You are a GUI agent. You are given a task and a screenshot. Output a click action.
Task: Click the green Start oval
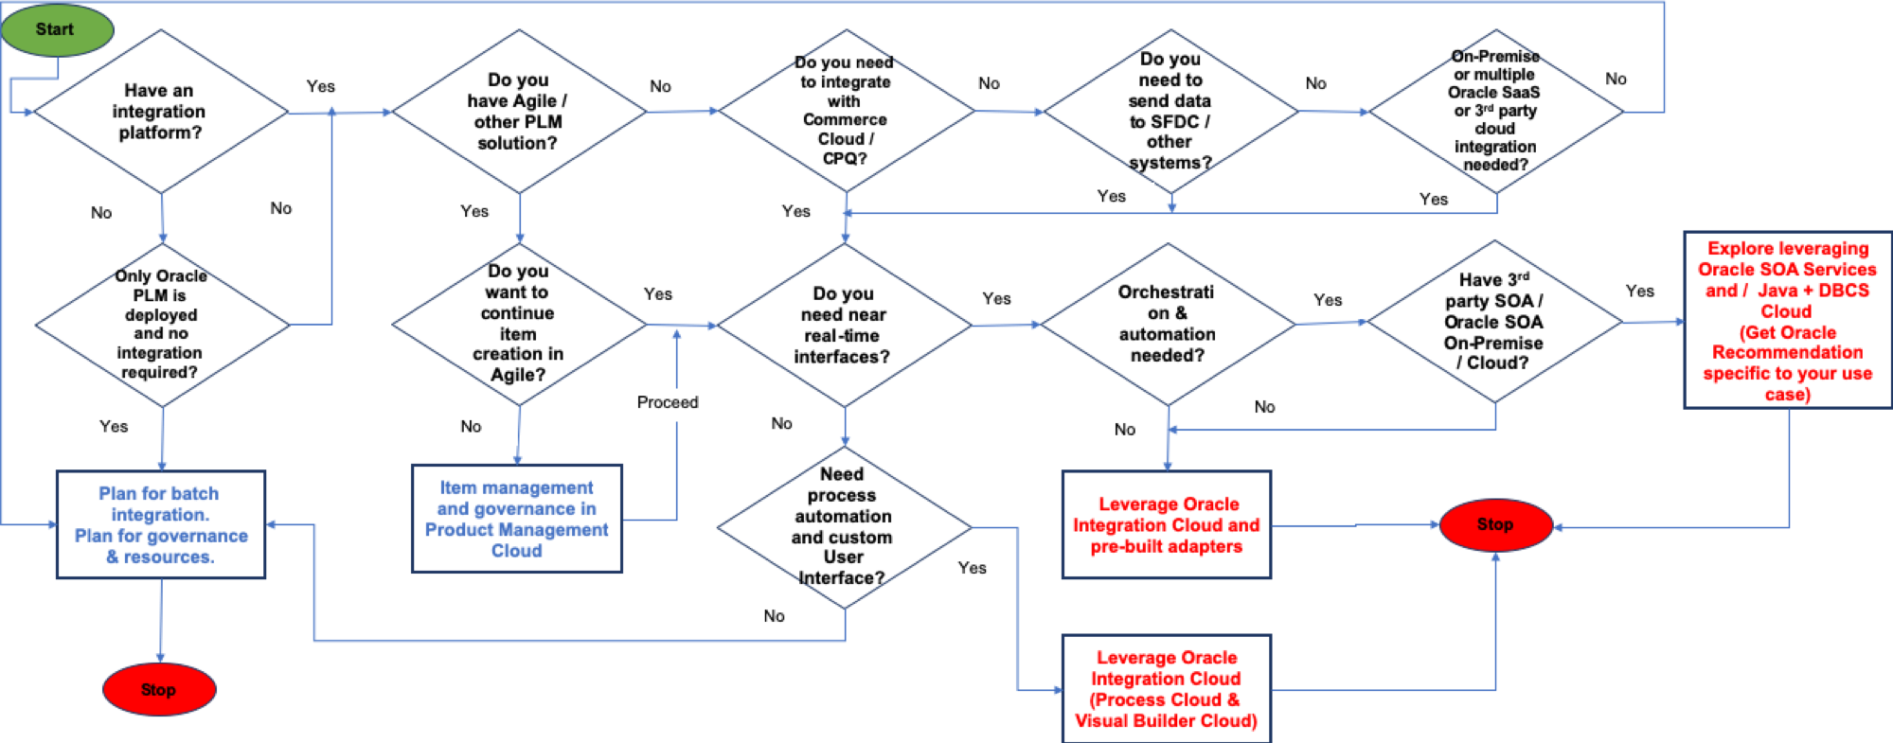(x=57, y=29)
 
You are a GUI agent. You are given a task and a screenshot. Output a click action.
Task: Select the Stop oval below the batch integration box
(x=159, y=689)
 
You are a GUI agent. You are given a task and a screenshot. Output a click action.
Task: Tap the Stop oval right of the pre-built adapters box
(x=1495, y=524)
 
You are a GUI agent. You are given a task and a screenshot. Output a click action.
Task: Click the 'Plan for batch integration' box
(x=161, y=524)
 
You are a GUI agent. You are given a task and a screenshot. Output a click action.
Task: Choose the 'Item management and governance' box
(x=517, y=519)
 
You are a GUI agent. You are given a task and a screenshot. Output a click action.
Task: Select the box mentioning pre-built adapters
(x=1167, y=524)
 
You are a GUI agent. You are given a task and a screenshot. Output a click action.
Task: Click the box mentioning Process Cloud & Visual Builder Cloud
(x=1167, y=688)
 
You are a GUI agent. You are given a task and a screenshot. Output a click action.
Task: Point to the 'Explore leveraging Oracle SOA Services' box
(x=1787, y=320)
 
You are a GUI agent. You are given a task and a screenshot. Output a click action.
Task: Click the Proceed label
(x=678, y=404)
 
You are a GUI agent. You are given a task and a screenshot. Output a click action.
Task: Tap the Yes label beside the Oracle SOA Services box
(x=1646, y=292)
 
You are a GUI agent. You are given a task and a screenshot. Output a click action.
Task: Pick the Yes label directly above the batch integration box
(x=121, y=428)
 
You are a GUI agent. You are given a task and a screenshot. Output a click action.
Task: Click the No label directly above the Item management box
(x=481, y=428)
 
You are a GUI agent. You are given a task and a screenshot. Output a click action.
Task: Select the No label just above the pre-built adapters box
(x=1133, y=430)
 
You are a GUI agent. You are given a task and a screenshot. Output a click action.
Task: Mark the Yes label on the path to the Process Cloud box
(x=980, y=569)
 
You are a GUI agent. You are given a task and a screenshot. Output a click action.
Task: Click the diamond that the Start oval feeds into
(x=161, y=112)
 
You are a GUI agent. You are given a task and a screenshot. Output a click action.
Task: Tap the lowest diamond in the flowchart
(x=845, y=527)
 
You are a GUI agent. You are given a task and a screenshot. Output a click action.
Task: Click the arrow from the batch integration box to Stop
(x=161, y=620)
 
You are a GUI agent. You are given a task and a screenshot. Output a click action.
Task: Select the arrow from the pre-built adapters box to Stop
(x=1354, y=525)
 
